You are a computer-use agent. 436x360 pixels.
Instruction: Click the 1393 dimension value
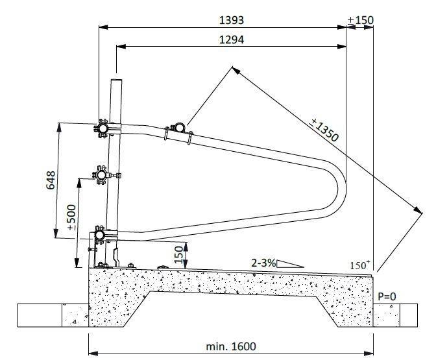coord(232,20)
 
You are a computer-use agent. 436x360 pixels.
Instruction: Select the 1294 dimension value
coord(232,40)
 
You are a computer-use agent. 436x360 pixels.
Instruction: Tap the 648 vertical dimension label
coord(51,180)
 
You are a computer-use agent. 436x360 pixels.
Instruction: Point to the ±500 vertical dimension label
coord(72,217)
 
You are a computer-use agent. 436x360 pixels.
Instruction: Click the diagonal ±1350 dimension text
coord(324,130)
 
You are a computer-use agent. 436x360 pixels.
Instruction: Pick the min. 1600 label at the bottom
coord(231,346)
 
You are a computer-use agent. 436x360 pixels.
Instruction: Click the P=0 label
coord(387,296)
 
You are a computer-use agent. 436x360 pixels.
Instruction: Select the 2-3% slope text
coord(263,263)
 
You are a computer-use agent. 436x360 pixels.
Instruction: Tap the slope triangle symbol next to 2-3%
coord(290,264)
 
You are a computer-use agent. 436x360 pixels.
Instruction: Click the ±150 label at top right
coord(360,20)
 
